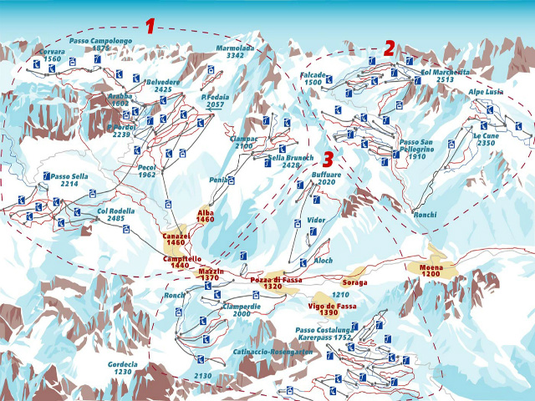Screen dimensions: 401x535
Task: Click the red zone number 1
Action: [x=150, y=26]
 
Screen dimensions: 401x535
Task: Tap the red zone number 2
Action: [x=389, y=48]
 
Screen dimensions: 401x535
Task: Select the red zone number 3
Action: [x=328, y=159]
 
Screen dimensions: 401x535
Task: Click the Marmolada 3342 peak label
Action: [x=235, y=52]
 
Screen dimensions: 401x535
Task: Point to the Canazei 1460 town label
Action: [x=176, y=241]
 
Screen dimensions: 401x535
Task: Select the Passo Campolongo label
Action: [x=101, y=44]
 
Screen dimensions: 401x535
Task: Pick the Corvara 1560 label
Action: [x=52, y=56]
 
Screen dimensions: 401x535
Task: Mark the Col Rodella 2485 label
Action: [x=115, y=215]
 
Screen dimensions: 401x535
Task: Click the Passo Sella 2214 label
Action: [x=69, y=180]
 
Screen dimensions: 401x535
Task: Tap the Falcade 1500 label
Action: [x=313, y=79]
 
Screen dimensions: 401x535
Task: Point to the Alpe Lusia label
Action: [x=486, y=92]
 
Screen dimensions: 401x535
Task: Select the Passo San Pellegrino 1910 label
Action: [x=415, y=148]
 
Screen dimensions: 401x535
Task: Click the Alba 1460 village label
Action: [x=206, y=216]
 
